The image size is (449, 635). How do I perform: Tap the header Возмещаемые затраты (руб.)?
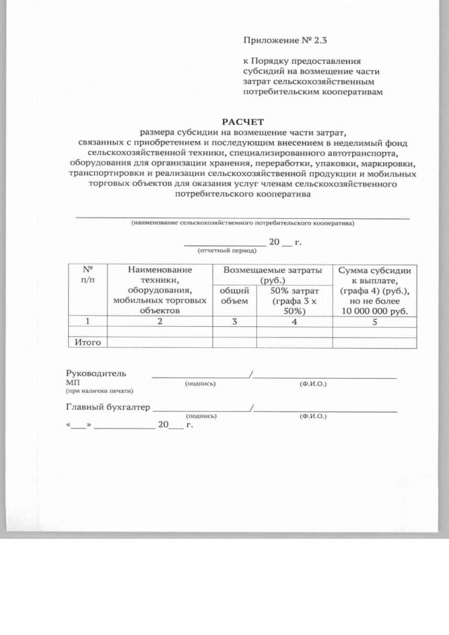point(272,274)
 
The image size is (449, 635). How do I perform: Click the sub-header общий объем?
point(234,296)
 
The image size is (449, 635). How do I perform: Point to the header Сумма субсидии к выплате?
point(375,290)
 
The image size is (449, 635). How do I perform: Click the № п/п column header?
point(88,274)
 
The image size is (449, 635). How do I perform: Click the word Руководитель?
point(96,374)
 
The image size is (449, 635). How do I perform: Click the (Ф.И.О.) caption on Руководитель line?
point(312,385)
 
